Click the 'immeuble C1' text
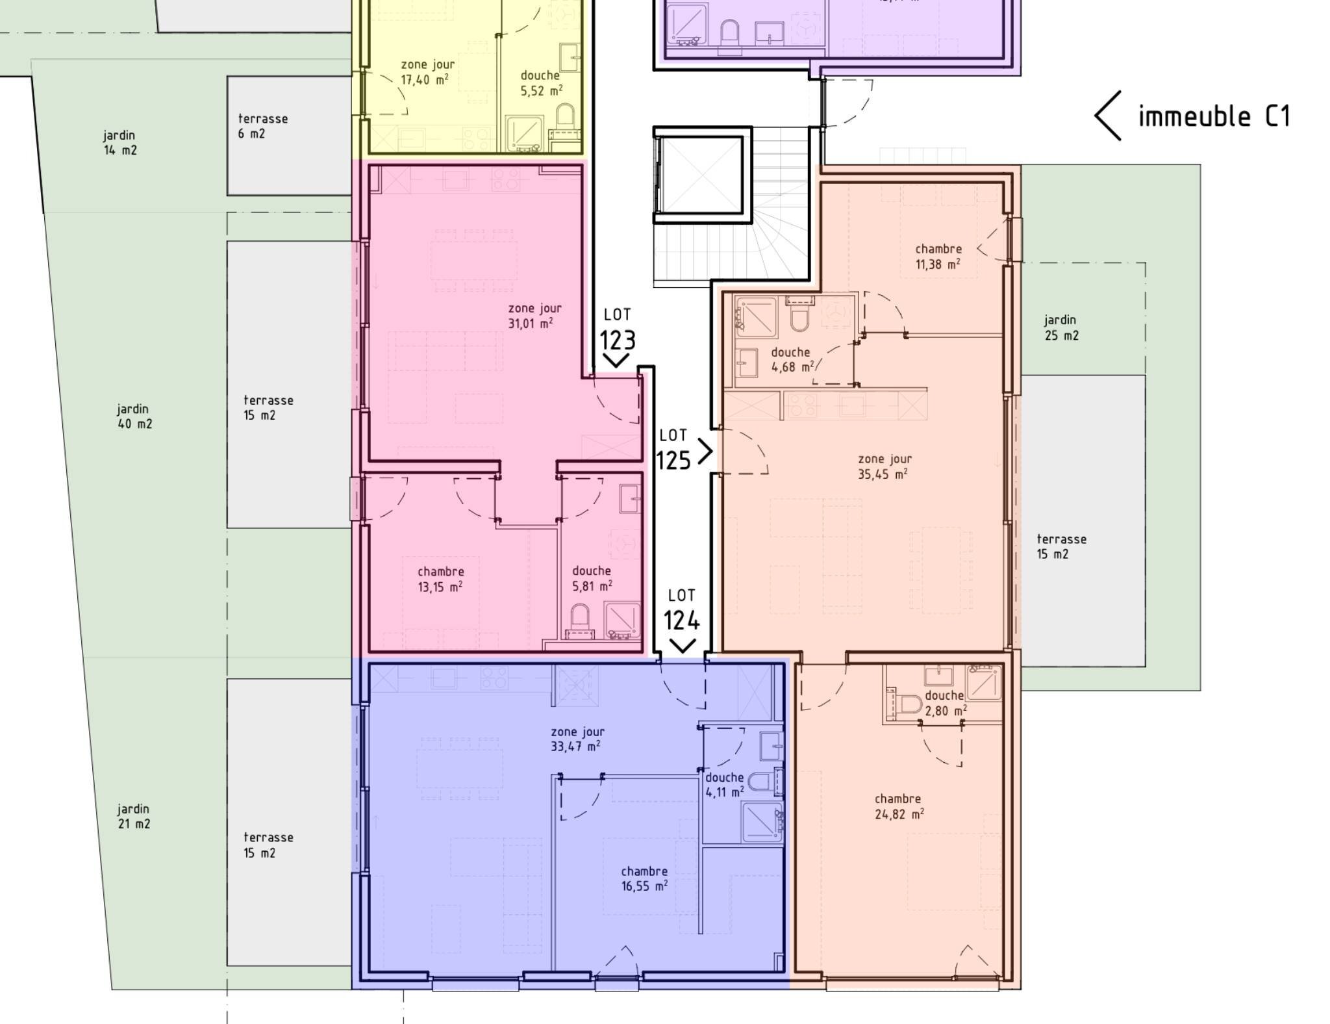pos(1214,116)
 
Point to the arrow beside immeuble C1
pos(1107,116)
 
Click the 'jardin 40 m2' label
pos(134,416)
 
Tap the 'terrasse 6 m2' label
pos(262,126)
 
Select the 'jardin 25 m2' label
pos(1061,327)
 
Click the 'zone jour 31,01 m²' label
pos(534,316)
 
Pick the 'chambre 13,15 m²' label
pos(440,579)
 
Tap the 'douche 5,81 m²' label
pos(592,578)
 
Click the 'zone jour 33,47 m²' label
pos(577,739)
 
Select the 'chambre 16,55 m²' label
pos(644,878)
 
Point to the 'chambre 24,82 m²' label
pos(899,806)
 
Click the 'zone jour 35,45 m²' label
pos(884,467)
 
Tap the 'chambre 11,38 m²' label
pos(938,256)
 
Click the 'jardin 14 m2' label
pos(120,142)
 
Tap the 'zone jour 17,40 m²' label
pos(427,72)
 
